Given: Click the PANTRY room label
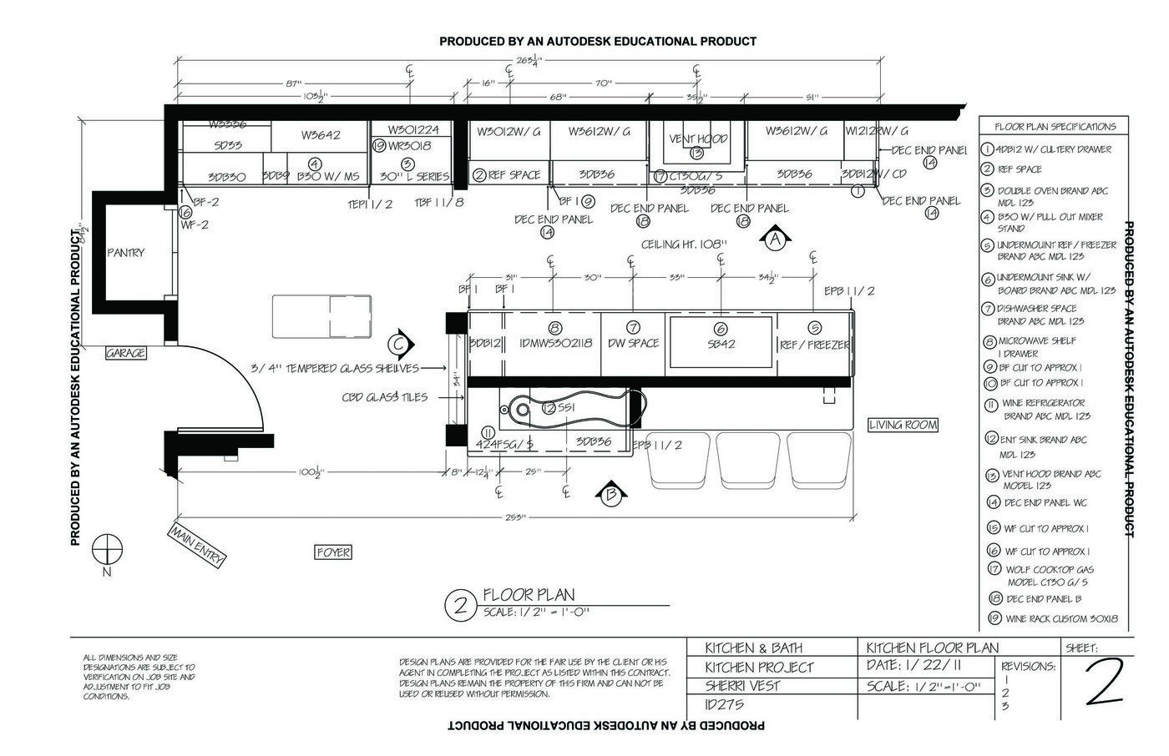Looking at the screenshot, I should (125, 252).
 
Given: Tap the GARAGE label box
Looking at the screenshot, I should (125, 353).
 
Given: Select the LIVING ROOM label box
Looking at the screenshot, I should (903, 425).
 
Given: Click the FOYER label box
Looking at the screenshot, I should (333, 552).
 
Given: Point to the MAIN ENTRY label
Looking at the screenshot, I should (197, 544).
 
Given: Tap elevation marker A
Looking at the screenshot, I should (775, 239).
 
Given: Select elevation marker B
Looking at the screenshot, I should (610, 494).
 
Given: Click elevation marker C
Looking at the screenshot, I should (400, 343).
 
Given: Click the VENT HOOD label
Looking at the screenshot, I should (698, 139).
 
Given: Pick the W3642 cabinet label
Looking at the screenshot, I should (320, 134).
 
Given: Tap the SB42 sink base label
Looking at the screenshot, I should (721, 343).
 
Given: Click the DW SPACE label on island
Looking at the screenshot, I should (633, 343).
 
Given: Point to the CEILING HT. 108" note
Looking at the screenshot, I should (684, 244).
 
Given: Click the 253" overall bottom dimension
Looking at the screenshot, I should (515, 518).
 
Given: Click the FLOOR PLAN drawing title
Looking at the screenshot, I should (529, 595).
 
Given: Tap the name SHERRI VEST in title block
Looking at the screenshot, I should (742, 686).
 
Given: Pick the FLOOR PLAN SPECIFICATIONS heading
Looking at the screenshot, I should (1055, 127).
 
